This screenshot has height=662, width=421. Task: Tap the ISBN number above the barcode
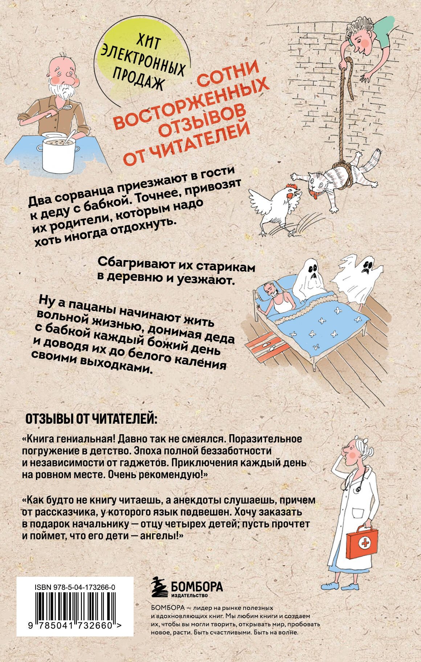click(75, 587)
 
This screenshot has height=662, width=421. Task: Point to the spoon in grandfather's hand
click(68, 108)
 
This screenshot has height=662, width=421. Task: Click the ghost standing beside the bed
click(357, 276)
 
